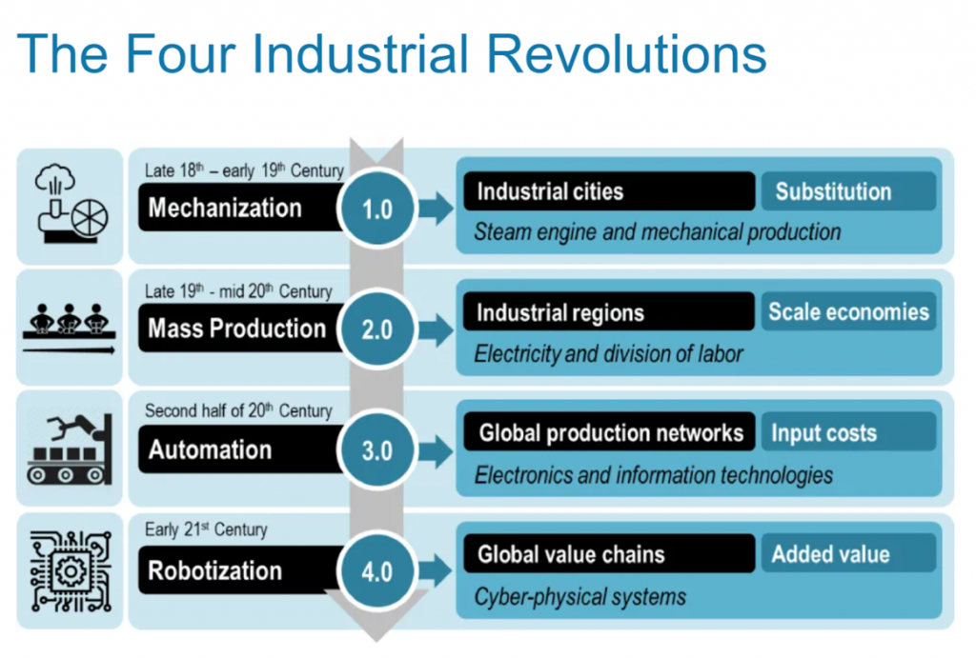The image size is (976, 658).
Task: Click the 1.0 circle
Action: click(x=376, y=208)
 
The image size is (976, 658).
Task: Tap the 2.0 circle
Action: click(x=376, y=329)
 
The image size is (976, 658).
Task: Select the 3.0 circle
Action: click(x=376, y=450)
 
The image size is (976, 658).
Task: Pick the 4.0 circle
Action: click(x=376, y=571)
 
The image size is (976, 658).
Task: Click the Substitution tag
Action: click(x=848, y=191)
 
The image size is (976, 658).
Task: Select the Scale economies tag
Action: click(x=848, y=311)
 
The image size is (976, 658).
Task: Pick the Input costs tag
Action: click(x=848, y=432)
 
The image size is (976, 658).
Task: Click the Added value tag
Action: click(x=848, y=553)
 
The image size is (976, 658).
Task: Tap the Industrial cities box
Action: click(x=609, y=191)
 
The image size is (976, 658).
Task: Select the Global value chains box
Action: click(x=609, y=553)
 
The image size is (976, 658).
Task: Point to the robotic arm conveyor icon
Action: click(x=70, y=449)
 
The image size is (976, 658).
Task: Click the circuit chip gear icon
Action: click(x=71, y=571)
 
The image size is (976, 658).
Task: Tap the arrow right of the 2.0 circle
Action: click(x=436, y=329)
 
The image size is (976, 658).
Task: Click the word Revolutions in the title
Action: click(x=626, y=53)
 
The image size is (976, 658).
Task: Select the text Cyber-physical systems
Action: click(x=580, y=597)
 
